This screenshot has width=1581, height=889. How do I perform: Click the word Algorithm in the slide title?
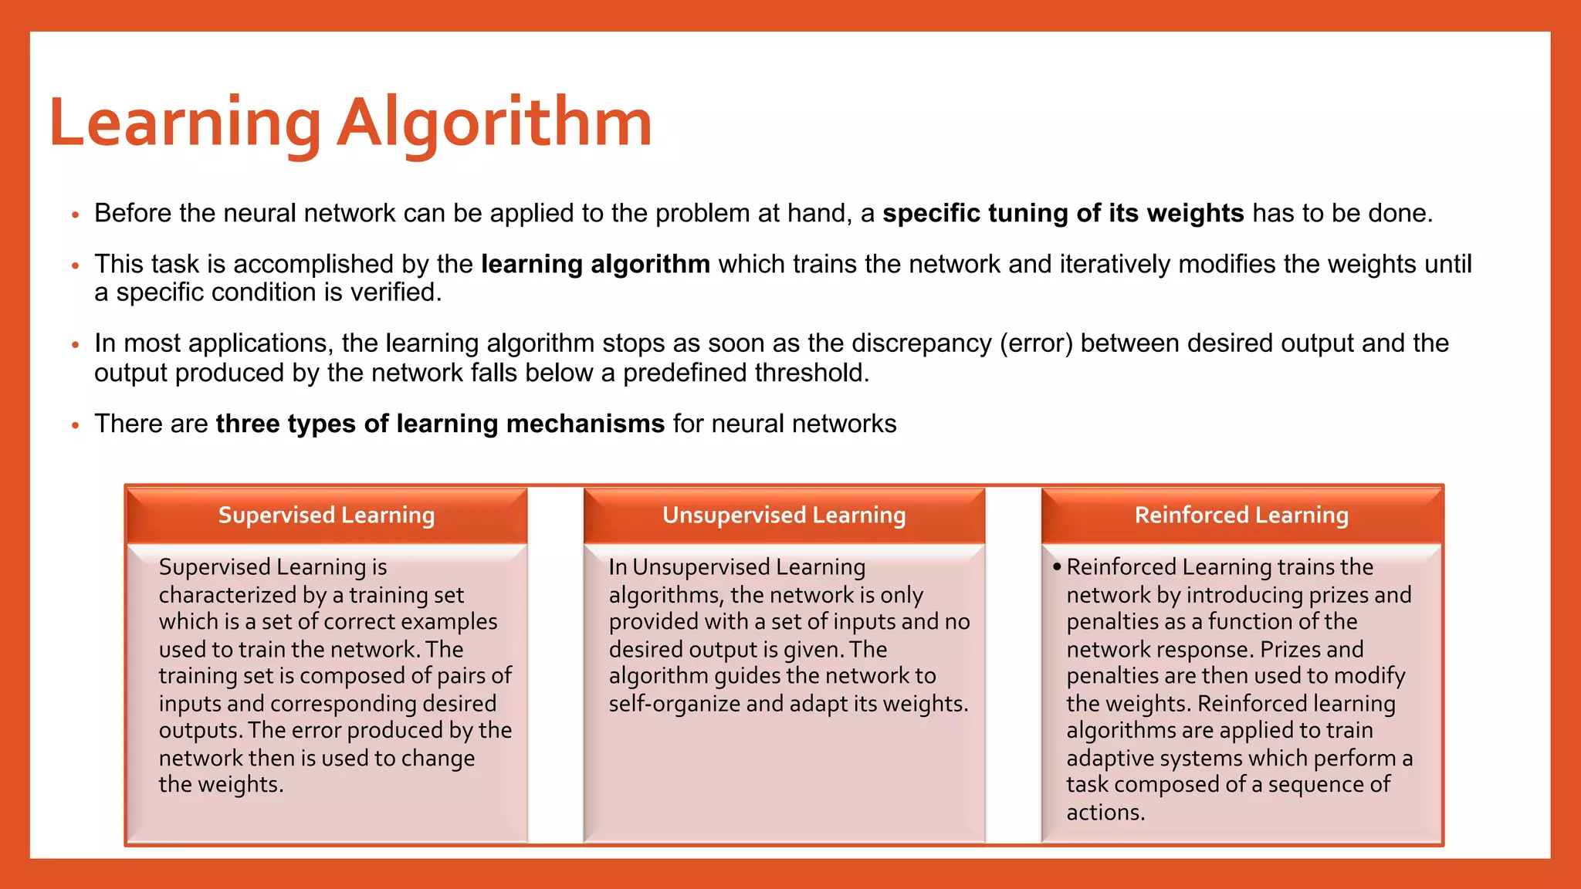point(495,123)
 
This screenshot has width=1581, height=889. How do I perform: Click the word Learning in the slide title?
point(185,123)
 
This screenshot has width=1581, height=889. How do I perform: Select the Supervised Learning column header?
point(327,515)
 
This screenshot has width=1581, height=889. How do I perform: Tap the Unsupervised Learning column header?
point(784,515)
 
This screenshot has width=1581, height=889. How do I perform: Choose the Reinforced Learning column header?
point(1241,515)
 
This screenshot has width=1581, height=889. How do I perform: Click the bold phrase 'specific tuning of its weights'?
point(1063,213)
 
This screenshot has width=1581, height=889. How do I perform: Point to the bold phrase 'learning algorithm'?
point(595,264)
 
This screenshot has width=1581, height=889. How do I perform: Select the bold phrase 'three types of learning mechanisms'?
point(440,424)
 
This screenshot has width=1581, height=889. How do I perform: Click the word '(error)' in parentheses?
point(1036,343)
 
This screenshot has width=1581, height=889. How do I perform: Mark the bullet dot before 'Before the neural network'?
point(76,215)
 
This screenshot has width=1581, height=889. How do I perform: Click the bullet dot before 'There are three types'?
point(76,425)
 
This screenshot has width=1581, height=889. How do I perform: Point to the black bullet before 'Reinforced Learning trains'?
point(1056,567)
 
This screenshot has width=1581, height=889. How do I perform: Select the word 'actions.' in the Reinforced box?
point(1105,812)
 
